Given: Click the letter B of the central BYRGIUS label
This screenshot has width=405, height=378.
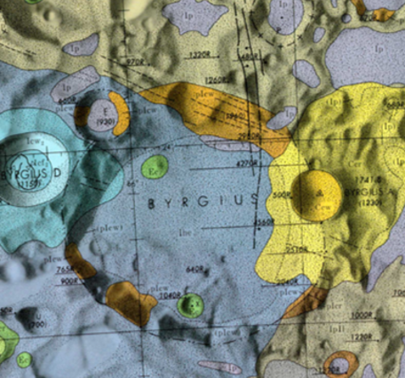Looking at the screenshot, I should [x=151, y=202].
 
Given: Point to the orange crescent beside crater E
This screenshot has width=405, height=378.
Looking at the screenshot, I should [x=123, y=113].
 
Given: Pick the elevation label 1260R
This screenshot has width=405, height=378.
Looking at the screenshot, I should [x=217, y=78].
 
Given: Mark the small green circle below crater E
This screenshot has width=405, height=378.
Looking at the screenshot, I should [x=155, y=166].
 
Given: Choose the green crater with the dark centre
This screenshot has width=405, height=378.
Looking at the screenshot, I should [x=188, y=306].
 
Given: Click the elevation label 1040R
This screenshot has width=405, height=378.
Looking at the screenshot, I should [x=169, y=294].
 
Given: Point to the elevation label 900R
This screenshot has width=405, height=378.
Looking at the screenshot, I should [x=69, y=283].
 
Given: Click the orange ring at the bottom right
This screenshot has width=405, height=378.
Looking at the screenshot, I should [x=342, y=364].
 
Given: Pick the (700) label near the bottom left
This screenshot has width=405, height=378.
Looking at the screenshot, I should [x=37, y=327].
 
